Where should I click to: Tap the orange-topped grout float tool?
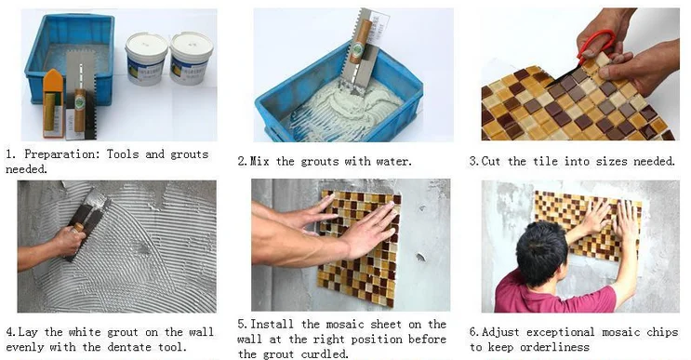coord(53,102)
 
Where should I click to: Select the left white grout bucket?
coord(146,59)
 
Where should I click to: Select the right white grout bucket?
coord(191,58)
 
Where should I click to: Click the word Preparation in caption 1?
coord(62,154)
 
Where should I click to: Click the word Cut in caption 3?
coord(490,161)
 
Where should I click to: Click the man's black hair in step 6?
coord(541,253)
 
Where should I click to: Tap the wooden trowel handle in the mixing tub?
coord(360,42)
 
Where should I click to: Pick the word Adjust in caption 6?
coord(500,333)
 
